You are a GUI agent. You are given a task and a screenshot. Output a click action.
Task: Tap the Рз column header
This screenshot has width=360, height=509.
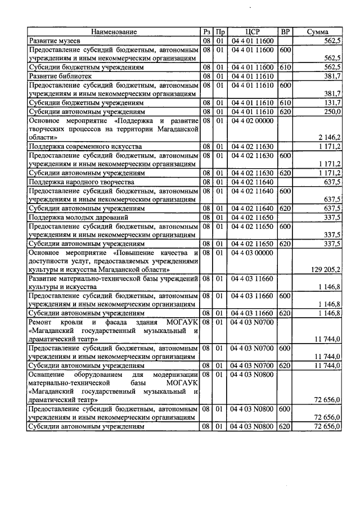(206, 33)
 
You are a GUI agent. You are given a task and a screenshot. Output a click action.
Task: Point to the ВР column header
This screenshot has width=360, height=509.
(286, 33)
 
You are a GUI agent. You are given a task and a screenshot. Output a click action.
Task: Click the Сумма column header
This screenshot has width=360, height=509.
(318, 33)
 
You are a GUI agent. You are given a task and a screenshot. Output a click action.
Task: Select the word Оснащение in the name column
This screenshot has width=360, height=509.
(51, 375)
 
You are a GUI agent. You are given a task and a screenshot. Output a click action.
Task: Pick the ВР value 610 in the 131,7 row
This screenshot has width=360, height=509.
(286, 103)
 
